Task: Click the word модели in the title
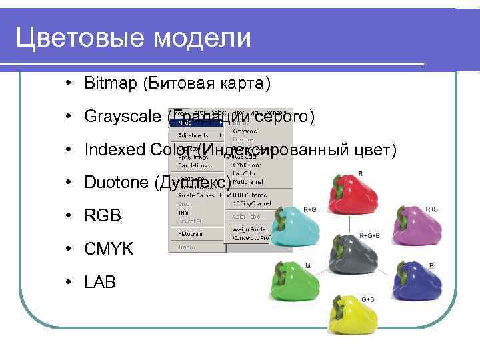[x=202, y=38]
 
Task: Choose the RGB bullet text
[x=103, y=216]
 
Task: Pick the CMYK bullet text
[x=109, y=249]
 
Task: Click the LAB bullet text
[x=100, y=282]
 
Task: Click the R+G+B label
[x=370, y=236]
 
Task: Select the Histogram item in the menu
[x=190, y=234]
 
